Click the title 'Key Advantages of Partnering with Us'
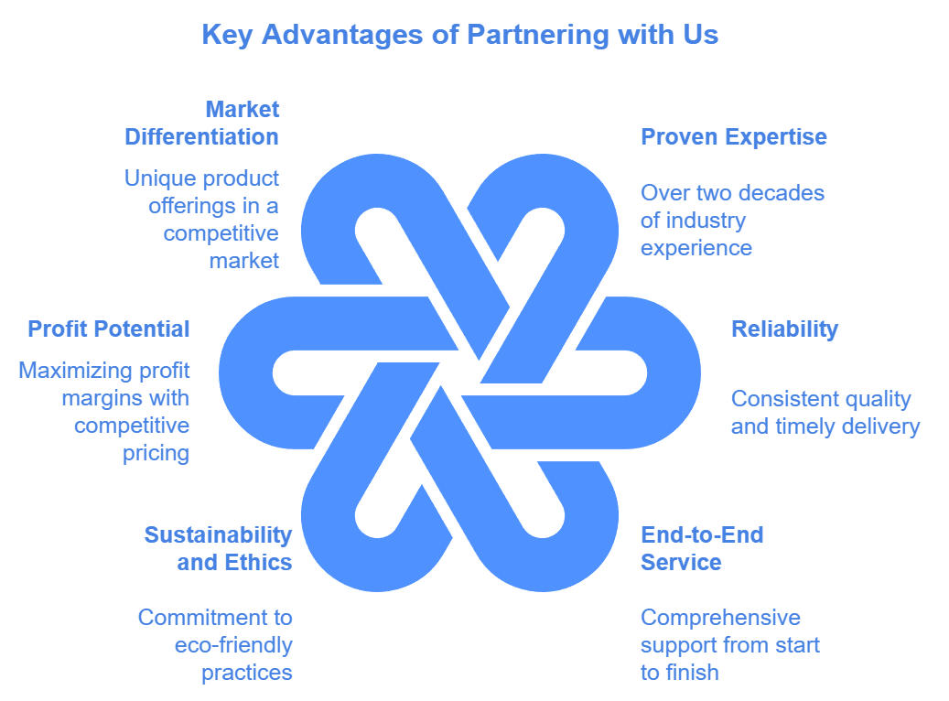[459, 35]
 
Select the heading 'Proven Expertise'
[733, 137]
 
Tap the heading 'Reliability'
[784, 329]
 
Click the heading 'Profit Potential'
[109, 329]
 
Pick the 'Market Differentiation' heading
[202, 124]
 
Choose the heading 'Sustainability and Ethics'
[218, 548]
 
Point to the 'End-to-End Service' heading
[701, 548]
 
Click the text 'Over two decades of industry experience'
[731, 221]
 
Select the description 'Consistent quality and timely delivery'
[825, 413]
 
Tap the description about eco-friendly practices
[216, 645]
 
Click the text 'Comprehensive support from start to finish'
[729, 645]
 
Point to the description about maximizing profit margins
[105, 412]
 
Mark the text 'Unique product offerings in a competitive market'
[203, 219]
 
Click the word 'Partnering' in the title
[536, 35]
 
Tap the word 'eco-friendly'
[233, 645]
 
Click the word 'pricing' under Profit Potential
[156, 453]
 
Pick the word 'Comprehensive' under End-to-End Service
[720, 618]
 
